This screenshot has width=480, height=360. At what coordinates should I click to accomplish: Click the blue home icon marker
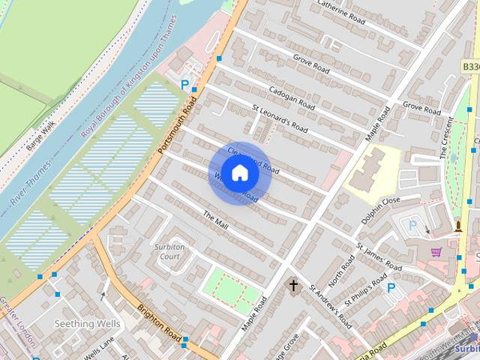click(239, 174)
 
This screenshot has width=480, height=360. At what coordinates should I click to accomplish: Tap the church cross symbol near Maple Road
click(294, 286)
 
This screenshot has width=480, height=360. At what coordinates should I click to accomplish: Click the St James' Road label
click(379, 256)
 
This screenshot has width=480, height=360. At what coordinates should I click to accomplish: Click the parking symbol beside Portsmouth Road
click(185, 85)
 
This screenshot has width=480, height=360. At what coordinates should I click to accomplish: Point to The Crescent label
click(448, 138)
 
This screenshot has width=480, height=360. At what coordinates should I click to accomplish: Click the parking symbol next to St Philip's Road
click(391, 287)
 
